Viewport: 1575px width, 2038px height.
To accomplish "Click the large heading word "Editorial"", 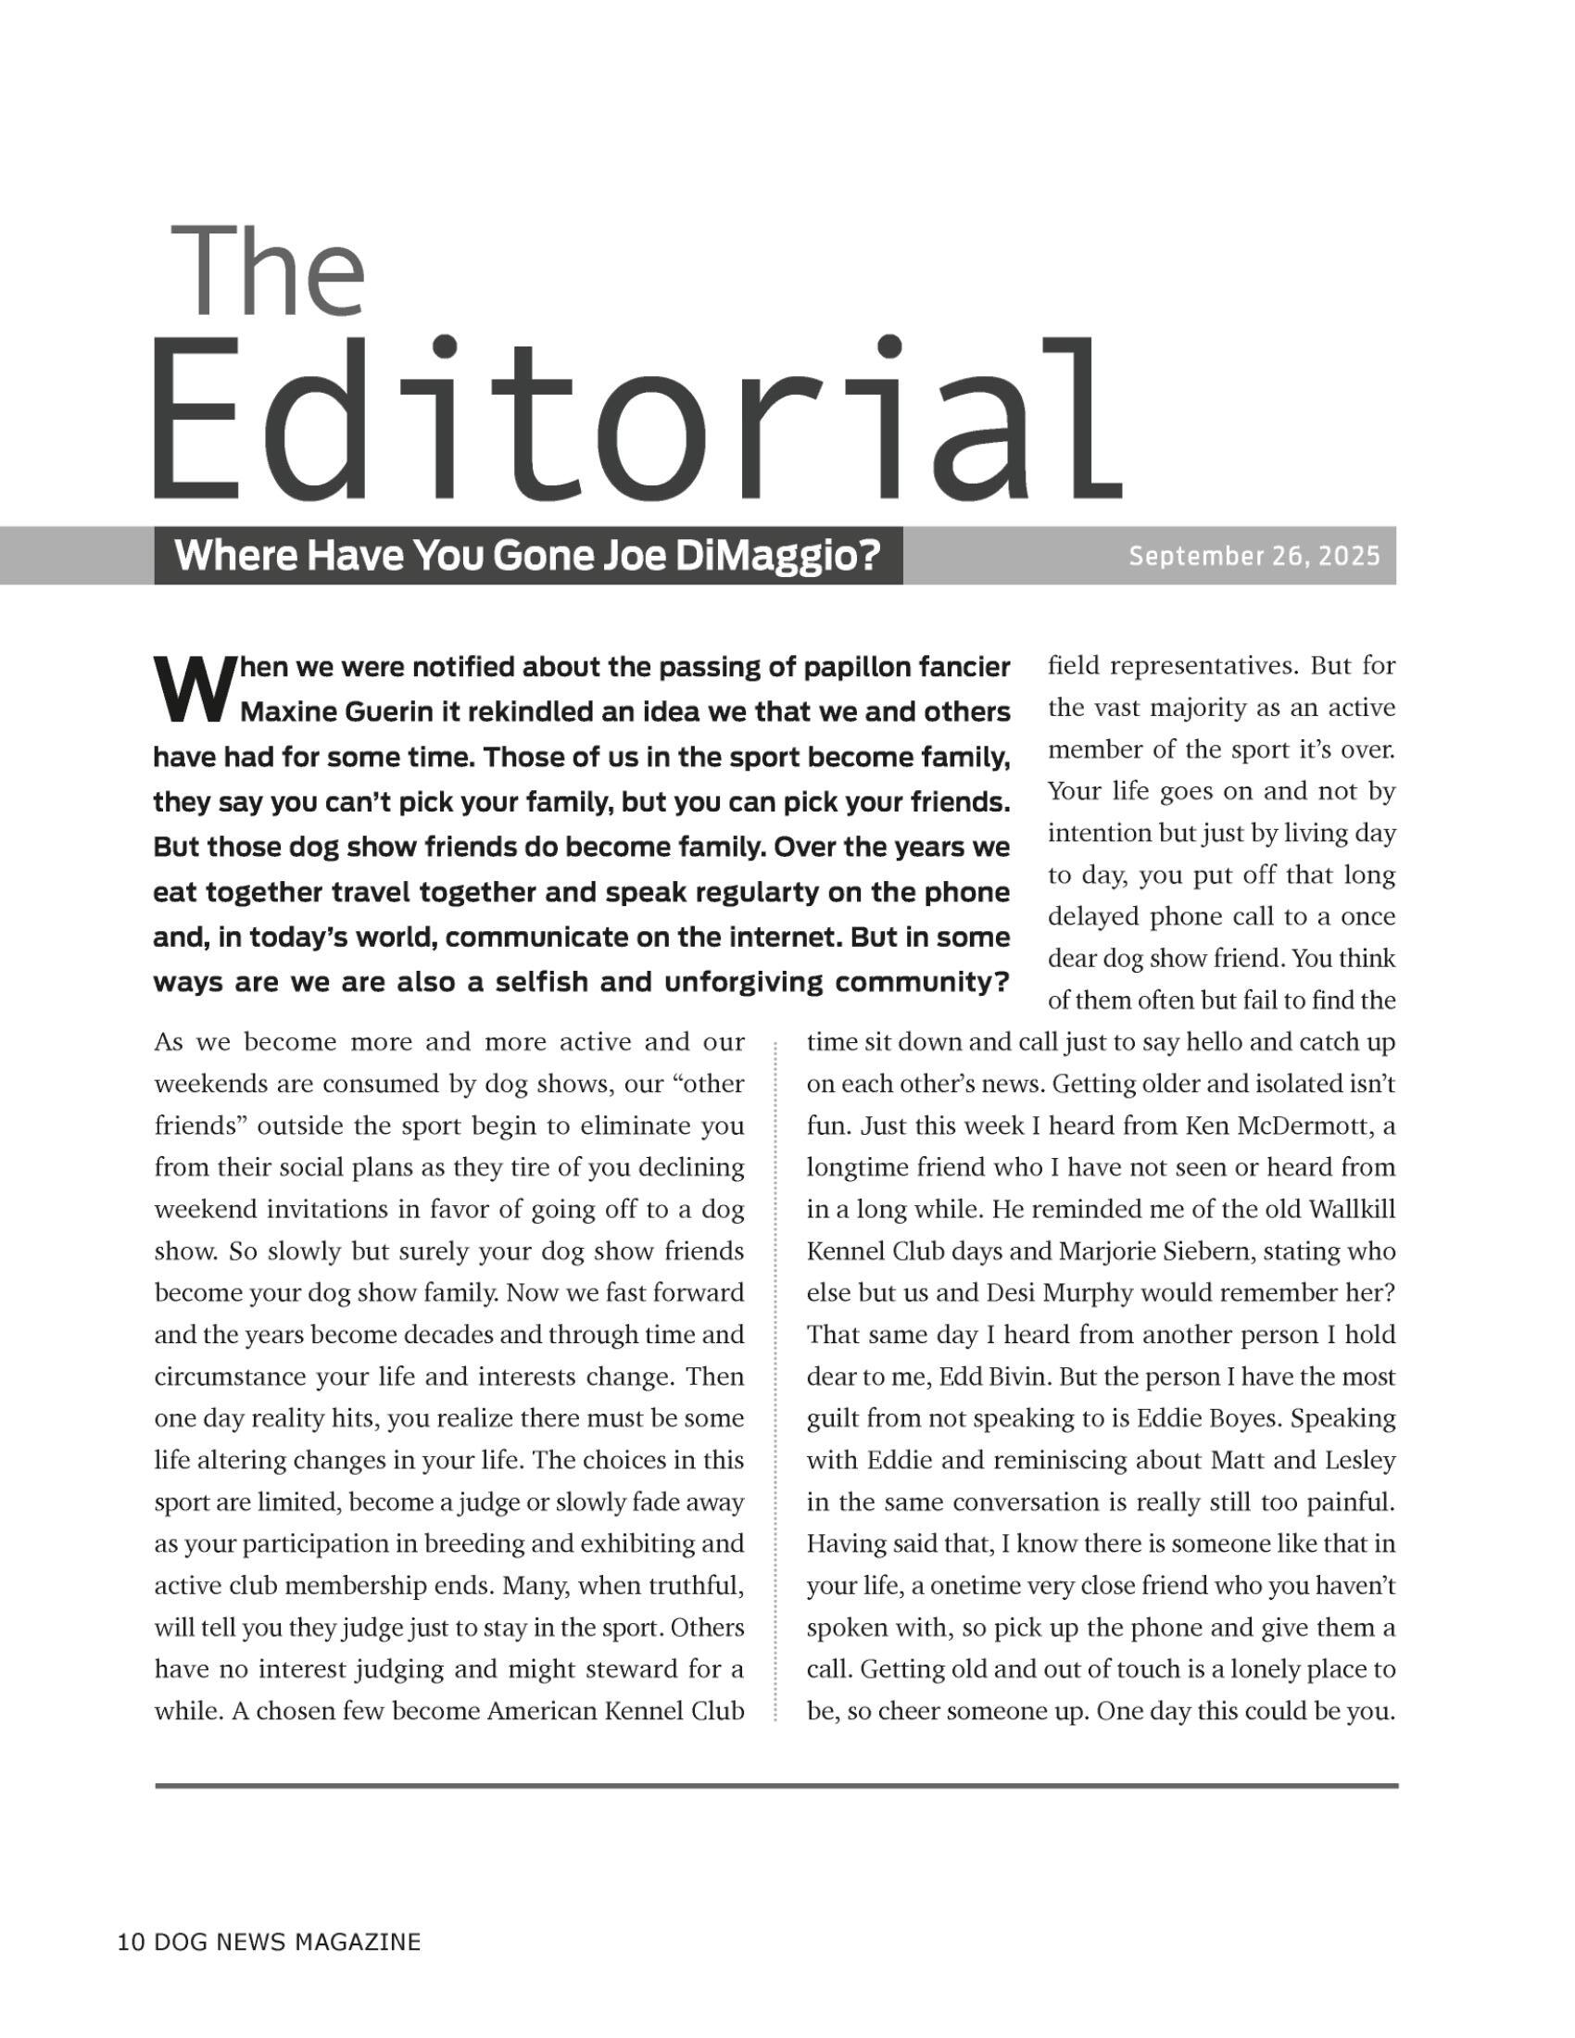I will (x=636, y=421).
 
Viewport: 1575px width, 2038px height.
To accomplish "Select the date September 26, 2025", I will (x=1254, y=556).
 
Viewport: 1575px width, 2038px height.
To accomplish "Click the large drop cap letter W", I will (x=190, y=690).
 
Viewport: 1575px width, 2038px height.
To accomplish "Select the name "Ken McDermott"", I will (x=1278, y=1126).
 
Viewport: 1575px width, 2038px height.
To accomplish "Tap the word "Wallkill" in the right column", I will (x=1352, y=1211).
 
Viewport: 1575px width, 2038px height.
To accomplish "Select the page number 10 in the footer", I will (x=131, y=1943).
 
